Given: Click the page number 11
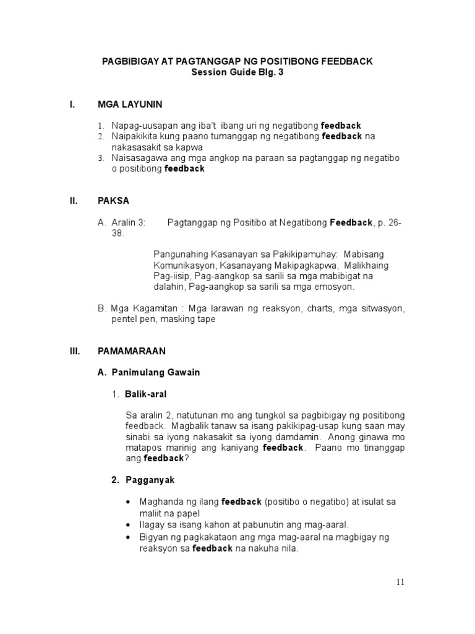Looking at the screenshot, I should pyautogui.click(x=400, y=582).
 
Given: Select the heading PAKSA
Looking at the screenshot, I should pyautogui.click(x=114, y=201).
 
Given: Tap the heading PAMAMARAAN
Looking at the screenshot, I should pyautogui.click(x=132, y=350).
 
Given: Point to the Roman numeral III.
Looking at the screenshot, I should pyautogui.click(x=75, y=350).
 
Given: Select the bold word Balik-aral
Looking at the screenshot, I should pyautogui.click(x=145, y=394).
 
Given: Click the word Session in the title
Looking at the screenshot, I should pyautogui.click(x=211, y=72).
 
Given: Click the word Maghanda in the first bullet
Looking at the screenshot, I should pyautogui.click(x=160, y=502).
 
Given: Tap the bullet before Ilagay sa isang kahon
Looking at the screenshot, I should pyautogui.click(x=127, y=524).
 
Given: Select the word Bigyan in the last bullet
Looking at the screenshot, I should pyautogui.click(x=153, y=537).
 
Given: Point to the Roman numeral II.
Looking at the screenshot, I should pyautogui.click(x=74, y=201).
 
